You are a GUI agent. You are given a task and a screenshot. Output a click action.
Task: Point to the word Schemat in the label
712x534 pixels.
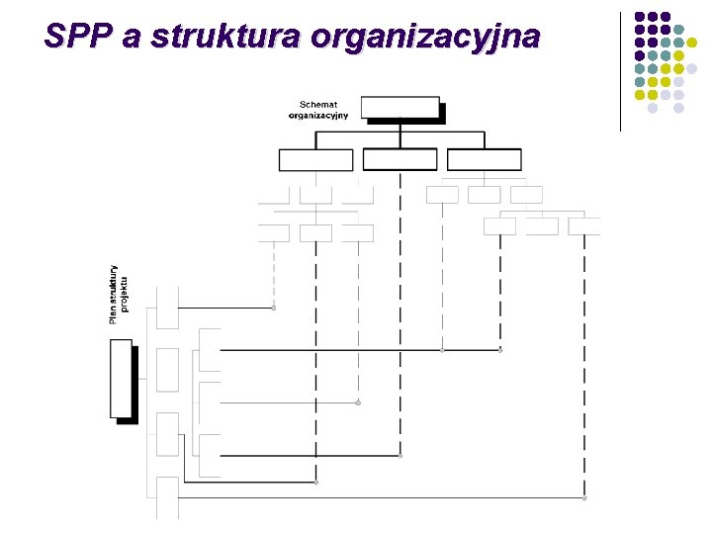(x=318, y=104)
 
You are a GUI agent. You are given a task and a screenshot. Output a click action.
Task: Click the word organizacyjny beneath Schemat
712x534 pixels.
(x=318, y=115)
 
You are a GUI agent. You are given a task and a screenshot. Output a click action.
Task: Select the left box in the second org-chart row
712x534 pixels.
(x=315, y=160)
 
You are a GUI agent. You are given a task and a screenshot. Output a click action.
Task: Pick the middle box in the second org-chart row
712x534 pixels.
(x=400, y=160)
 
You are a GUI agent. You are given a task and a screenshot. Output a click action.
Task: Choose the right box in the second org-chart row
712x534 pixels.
(x=484, y=160)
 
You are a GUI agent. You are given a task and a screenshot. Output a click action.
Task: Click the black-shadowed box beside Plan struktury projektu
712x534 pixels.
(x=121, y=379)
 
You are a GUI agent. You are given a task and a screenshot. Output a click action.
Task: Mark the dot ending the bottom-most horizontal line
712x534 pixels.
(x=584, y=498)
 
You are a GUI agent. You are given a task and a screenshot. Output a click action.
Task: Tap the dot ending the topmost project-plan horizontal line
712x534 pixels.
(x=274, y=308)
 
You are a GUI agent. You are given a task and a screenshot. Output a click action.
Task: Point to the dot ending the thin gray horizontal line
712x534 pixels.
(x=358, y=402)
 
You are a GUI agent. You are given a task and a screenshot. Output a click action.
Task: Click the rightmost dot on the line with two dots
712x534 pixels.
(x=500, y=350)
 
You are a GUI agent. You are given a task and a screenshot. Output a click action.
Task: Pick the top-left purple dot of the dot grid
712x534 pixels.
(x=640, y=17)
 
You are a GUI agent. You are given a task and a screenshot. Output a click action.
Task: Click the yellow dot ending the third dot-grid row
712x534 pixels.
(x=692, y=69)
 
